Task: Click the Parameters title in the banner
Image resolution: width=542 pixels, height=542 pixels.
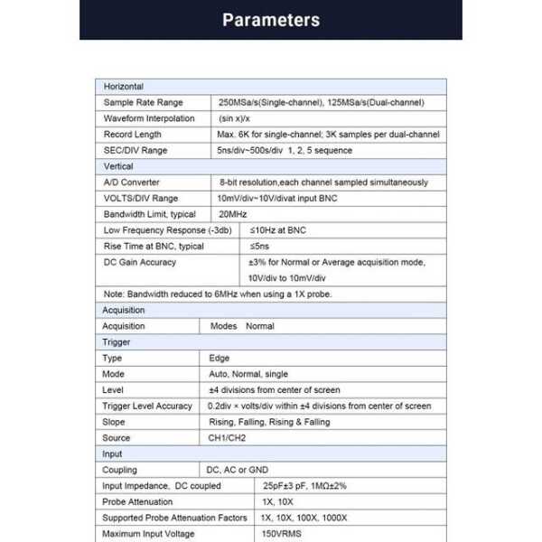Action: click(270, 20)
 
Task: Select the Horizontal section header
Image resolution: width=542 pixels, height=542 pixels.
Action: click(124, 87)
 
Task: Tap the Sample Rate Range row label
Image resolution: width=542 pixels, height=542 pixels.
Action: click(143, 103)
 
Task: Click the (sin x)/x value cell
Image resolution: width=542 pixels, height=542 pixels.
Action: click(234, 118)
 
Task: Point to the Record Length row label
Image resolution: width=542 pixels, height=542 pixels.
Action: click(133, 135)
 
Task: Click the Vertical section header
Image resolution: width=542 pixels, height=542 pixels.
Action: click(118, 166)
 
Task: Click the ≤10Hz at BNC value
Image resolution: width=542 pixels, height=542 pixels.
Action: click(277, 230)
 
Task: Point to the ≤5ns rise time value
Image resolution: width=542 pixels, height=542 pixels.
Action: click(260, 246)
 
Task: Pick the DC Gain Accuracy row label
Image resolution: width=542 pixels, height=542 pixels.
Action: click(140, 262)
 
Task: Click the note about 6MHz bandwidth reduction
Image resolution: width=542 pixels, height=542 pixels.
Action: click(218, 294)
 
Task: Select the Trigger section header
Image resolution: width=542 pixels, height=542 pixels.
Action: click(117, 342)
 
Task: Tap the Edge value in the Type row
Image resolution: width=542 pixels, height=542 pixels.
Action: click(220, 359)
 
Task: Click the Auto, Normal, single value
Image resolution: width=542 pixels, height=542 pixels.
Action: click(248, 374)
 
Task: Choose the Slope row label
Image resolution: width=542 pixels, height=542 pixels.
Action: click(115, 422)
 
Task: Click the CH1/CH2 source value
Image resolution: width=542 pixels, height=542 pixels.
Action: click(227, 438)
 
